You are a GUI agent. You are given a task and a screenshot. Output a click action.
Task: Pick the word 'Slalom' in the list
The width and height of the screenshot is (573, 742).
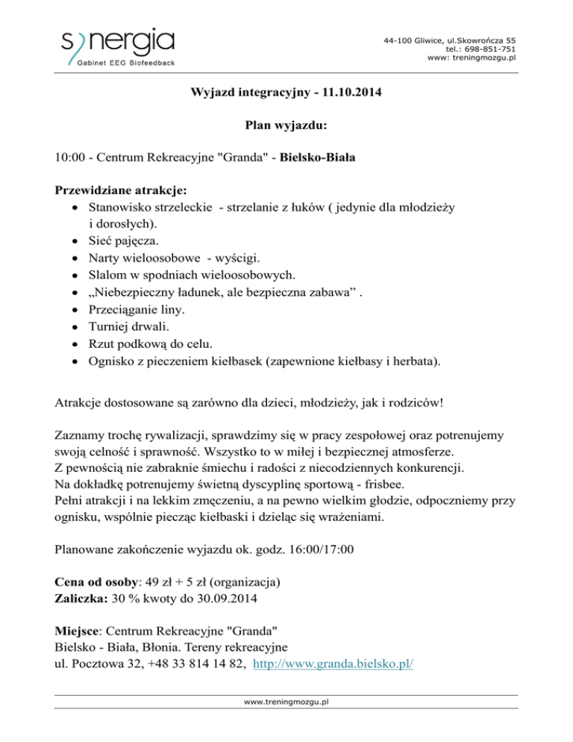click(x=107, y=275)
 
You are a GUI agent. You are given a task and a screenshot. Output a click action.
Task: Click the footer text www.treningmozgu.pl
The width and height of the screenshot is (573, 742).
click(x=286, y=702)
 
